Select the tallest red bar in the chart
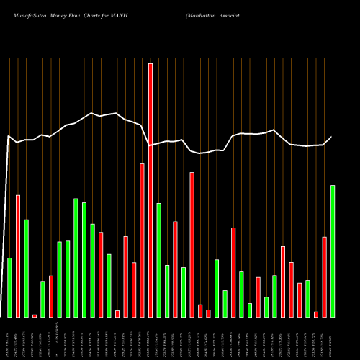[x=150, y=190]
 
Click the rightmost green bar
[x=333, y=251]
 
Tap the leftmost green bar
[x=9, y=287]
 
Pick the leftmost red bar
[x=18, y=256]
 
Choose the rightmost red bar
[x=325, y=276]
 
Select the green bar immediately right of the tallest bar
[x=158, y=260]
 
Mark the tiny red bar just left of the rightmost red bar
[x=316, y=314]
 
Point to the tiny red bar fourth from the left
[x=35, y=315]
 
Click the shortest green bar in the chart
[x=250, y=310]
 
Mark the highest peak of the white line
[x=92, y=113]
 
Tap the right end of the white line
[x=332, y=137]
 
